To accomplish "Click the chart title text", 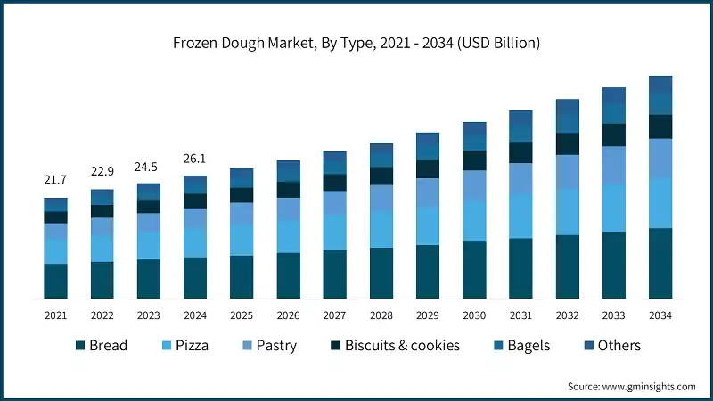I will pos(356,42).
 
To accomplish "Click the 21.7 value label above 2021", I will pos(55,181).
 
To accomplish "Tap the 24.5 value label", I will pos(148,167).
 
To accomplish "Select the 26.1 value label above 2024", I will pos(194,159).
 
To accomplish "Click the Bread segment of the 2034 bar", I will pos(660,263).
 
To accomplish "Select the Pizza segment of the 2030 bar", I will pos(474,221).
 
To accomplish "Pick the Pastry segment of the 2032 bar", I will pos(567,171).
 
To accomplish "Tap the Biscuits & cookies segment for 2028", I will pos(381,176).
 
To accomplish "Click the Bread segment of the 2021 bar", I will pos(55,281).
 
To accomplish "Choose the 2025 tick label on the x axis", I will pos(241,315).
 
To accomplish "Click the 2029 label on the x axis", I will pos(428,315).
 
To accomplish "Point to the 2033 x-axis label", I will pos(613,315).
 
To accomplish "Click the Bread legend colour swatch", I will pos(80,346).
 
